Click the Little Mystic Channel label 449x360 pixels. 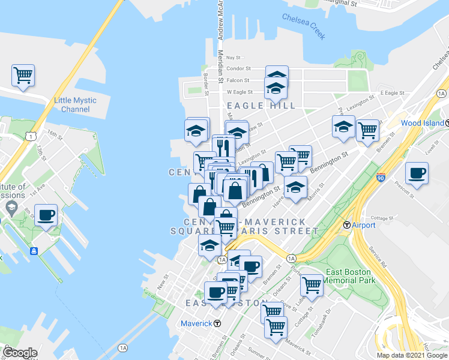[76, 105]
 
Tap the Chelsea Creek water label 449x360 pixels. [303, 26]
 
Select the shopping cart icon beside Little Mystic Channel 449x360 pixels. [23, 76]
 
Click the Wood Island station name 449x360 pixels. [419, 123]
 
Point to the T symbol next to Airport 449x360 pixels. [346, 225]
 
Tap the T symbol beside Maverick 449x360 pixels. [217, 323]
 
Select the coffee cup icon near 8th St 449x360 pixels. [46, 215]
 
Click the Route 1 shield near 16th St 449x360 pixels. [29, 137]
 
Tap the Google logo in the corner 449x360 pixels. [19, 353]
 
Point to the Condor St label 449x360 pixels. [238, 69]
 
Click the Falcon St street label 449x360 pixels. [238, 80]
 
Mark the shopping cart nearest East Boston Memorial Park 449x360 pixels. [312, 286]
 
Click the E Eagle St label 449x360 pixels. [393, 93]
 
